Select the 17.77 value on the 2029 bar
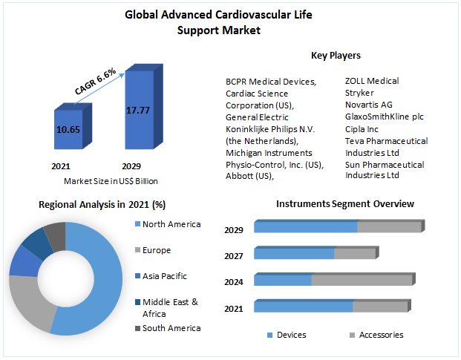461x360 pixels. (138, 111)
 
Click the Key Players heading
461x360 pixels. (336, 55)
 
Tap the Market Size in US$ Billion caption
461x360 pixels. (111, 181)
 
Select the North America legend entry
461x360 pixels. (171, 224)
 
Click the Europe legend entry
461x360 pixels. (157, 250)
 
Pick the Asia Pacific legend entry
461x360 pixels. (164, 276)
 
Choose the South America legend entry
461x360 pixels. (171, 328)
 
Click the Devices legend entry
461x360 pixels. (291, 335)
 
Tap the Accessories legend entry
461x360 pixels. (381, 335)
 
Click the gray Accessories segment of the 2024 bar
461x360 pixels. (361, 281)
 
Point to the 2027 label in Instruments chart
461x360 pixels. (234, 256)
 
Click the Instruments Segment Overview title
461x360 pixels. (344, 203)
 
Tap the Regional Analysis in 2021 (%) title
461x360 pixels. (102, 204)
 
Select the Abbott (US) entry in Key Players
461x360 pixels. (249, 176)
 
